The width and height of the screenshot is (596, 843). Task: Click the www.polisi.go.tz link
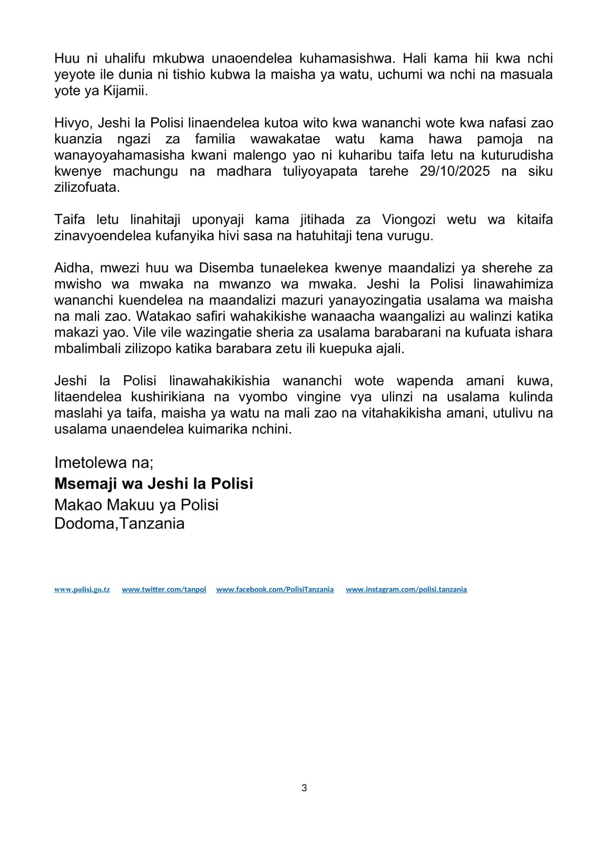(82, 590)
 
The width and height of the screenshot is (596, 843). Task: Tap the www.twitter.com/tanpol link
(164, 590)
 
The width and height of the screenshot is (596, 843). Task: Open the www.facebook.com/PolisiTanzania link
(275, 590)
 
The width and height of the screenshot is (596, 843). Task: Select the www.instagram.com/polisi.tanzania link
(406, 590)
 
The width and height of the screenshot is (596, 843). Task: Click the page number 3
(304, 788)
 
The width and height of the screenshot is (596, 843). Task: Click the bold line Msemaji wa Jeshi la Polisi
(153, 484)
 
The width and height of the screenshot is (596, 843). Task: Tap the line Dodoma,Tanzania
(119, 524)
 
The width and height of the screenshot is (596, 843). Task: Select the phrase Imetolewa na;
(104, 463)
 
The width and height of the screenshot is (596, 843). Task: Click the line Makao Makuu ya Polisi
(136, 505)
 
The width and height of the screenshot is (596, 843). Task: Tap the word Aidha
(71, 268)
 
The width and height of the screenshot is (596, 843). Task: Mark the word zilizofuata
(86, 188)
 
